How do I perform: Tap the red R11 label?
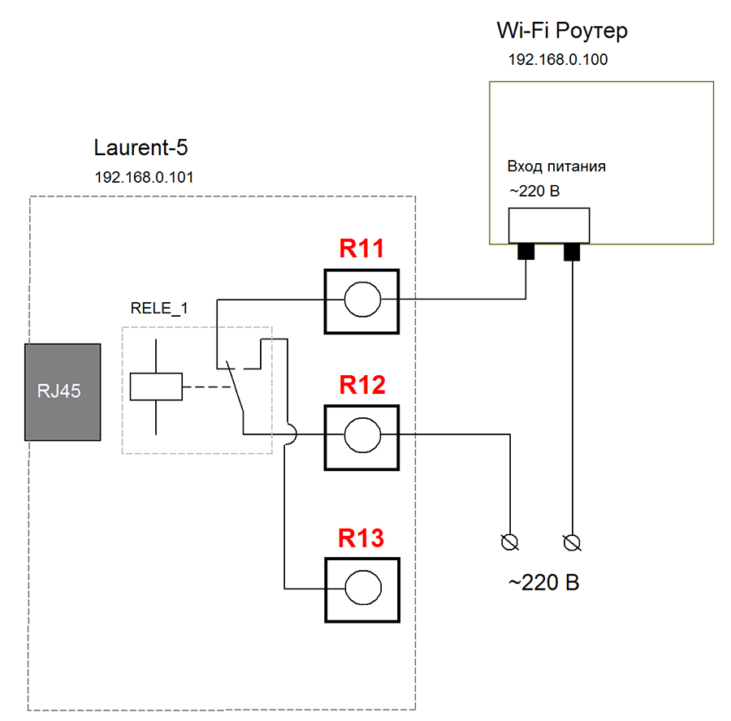361,249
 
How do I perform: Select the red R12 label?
361,385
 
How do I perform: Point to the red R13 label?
361,538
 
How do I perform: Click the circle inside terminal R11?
361,300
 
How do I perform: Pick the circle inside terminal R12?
361,436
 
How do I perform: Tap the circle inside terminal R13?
361,589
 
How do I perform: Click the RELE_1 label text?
159,309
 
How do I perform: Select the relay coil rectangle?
156,386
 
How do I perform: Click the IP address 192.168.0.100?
558,60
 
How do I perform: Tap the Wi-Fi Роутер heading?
562,32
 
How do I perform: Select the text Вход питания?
557,166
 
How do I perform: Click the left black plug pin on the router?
526,253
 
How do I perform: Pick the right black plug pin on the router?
573,253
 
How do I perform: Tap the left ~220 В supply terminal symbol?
512,542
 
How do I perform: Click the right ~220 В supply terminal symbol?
573,542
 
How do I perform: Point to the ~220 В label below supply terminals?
543,583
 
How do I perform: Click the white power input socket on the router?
549,225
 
